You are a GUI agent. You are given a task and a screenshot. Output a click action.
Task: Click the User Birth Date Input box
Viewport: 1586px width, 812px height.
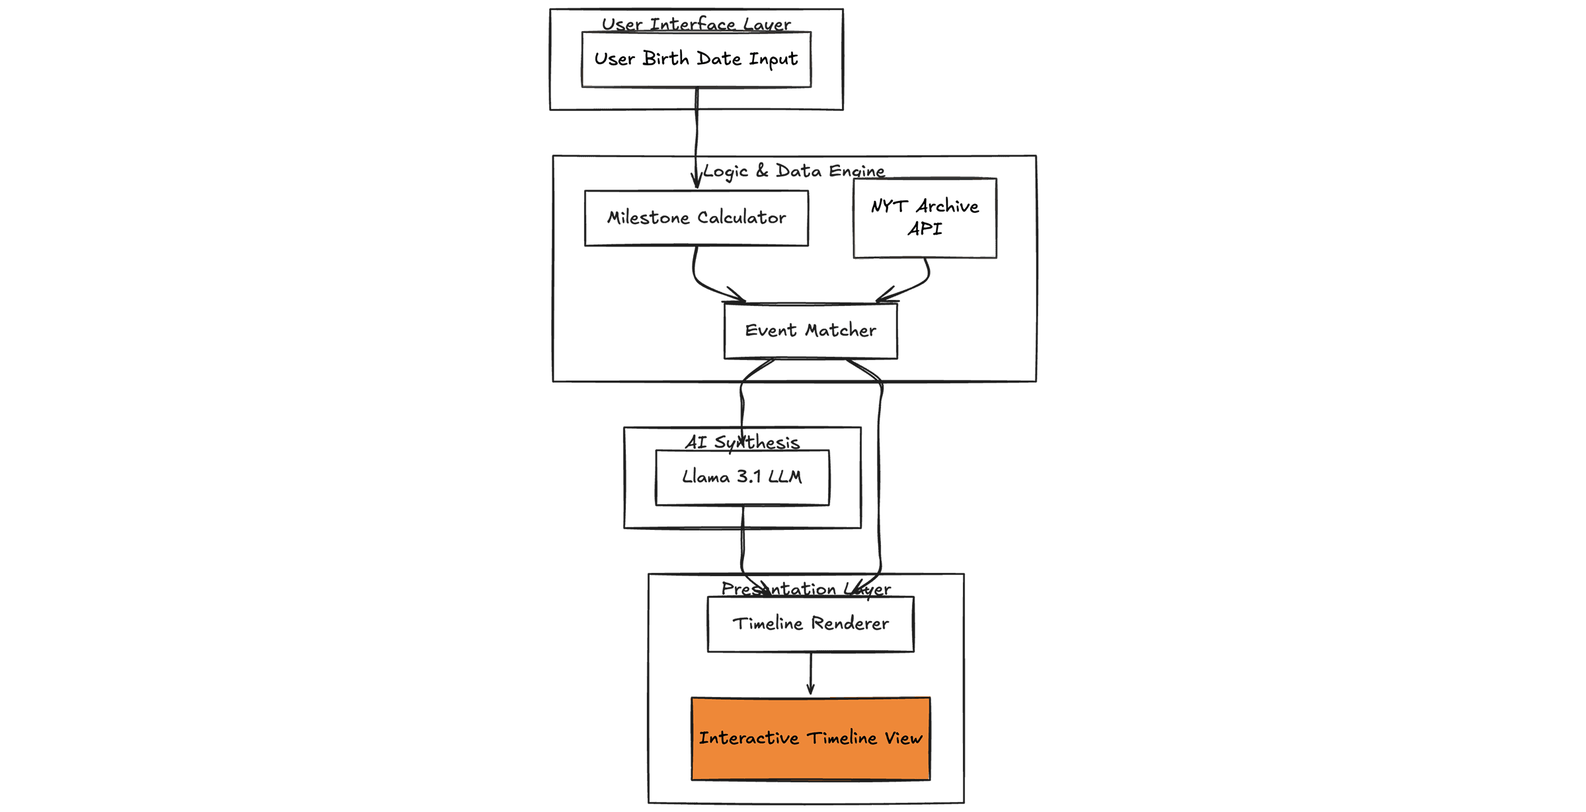696,59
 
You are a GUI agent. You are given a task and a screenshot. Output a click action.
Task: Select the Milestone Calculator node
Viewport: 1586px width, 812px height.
696,218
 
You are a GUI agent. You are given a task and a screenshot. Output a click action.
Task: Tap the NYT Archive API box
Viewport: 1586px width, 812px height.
925,218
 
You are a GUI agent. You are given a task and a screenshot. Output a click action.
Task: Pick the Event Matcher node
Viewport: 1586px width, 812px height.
810,331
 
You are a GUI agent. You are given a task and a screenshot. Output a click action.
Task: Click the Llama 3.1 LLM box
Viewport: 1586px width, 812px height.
742,477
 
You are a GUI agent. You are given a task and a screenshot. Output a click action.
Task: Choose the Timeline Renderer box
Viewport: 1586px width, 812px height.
810,624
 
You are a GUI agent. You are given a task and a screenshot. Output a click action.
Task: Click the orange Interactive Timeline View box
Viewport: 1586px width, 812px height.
810,739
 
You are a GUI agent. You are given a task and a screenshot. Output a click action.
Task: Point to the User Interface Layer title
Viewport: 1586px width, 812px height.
696,24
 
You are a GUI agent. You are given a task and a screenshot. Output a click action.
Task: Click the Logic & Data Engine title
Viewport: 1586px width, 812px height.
794,171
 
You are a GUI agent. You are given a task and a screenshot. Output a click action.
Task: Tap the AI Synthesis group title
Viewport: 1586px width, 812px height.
742,442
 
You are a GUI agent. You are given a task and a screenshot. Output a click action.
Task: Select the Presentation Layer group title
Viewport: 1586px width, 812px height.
806,589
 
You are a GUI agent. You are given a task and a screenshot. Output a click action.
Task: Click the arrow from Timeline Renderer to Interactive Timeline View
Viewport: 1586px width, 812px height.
810,674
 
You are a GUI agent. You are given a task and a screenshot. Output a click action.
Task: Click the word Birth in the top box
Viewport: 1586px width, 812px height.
665,59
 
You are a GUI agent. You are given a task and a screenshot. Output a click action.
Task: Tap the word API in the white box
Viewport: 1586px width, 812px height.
925,229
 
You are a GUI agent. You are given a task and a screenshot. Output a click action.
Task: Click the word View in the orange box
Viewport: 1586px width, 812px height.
903,738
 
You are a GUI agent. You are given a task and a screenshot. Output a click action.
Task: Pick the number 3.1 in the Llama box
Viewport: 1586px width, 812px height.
749,477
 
